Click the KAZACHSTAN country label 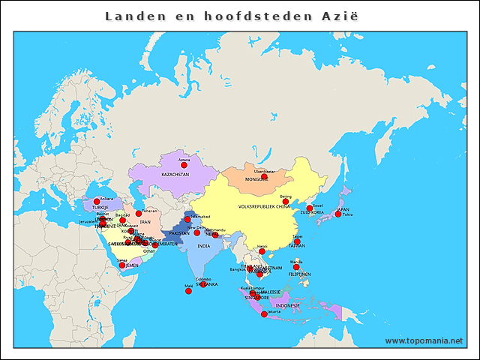pyautogui.click(x=175, y=174)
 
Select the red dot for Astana pyautogui.click(x=184, y=165)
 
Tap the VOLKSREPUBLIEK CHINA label pyautogui.click(x=263, y=205)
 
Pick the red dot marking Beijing pyautogui.click(x=285, y=201)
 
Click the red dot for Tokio pyautogui.click(x=338, y=214)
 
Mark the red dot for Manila pyautogui.click(x=296, y=267)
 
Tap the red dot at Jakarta pyautogui.click(x=264, y=314)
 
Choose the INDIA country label pyautogui.click(x=204, y=246)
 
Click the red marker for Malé pyautogui.click(x=188, y=292)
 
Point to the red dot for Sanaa pyautogui.click(x=122, y=265)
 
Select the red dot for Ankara pyautogui.click(x=96, y=201)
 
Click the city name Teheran pyautogui.click(x=149, y=211)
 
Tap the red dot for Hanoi pyautogui.click(x=262, y=251)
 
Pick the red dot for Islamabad pyautogui.click(x=187, y=220)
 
